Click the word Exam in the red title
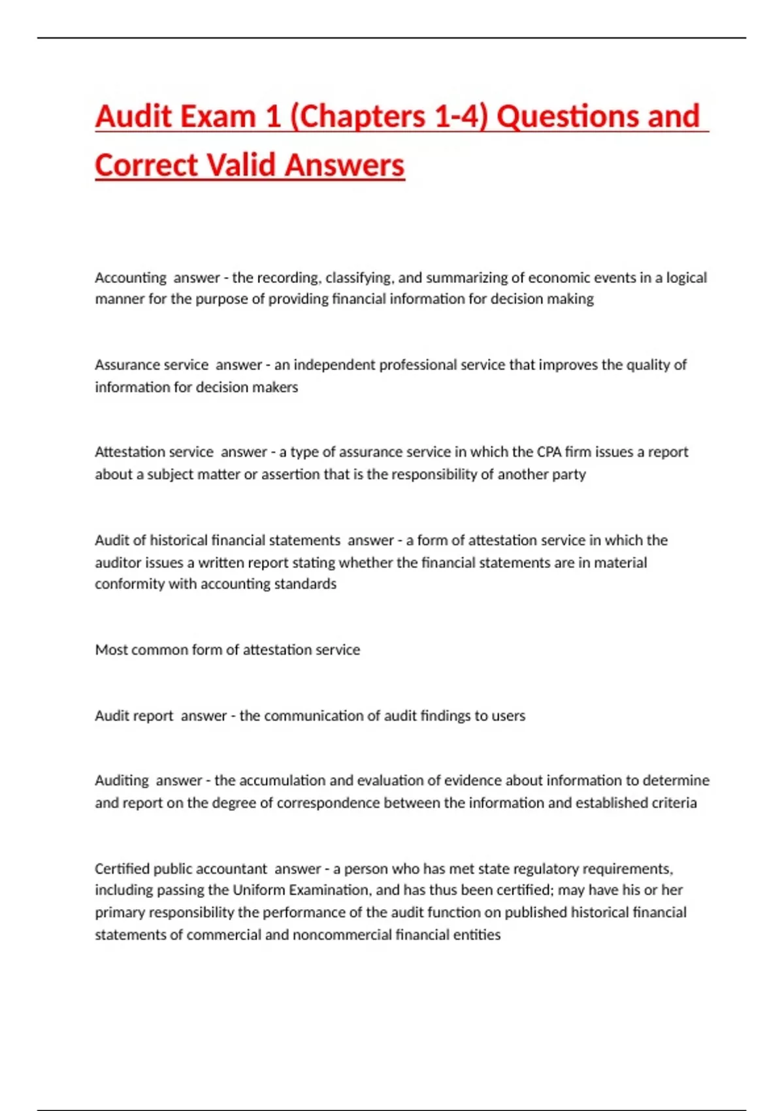[218, 117]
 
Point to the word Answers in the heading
[344, 165]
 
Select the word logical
[686, 278]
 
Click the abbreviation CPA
[549, 452]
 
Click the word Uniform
[259, 890]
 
